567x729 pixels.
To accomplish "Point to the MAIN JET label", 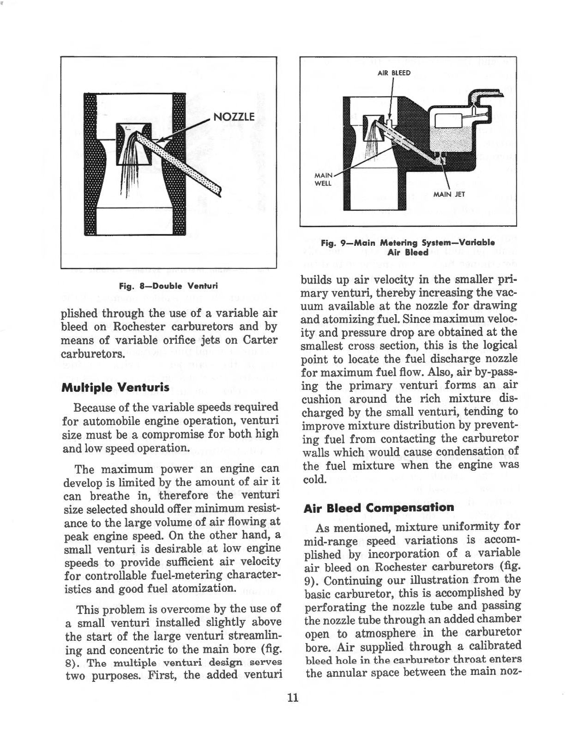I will click(x=449, y=194).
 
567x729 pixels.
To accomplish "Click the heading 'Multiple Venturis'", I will click(x=109, y=387).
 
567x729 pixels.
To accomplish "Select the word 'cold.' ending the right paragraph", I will click(x=315, y=479).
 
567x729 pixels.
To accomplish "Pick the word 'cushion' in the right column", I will click(x=322, y=399).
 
